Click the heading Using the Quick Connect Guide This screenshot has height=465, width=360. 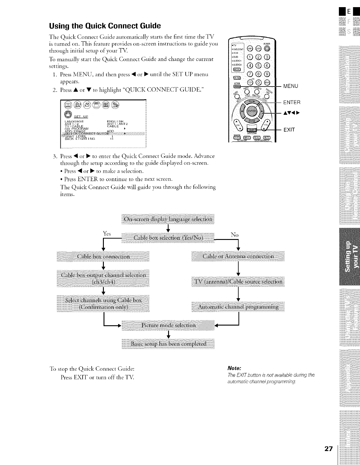pos(105,26)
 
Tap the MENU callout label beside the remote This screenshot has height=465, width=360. pos(291,86)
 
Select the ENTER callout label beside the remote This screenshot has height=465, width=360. pos(292,103)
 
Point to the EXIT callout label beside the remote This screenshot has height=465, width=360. pos(289,130)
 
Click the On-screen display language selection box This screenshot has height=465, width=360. pos(168,219)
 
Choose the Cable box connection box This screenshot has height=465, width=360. pos(103,256)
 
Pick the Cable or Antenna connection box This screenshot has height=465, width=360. pos(238,256)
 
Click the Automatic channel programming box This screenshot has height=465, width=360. pos(238,307)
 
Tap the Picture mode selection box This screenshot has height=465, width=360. pos(168,325)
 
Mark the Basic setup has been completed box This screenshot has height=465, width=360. pos(168,344)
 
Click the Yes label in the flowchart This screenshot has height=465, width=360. pos(107,234)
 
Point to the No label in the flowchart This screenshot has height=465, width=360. pos(234,235)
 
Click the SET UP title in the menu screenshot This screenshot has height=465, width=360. pos(81,116)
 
